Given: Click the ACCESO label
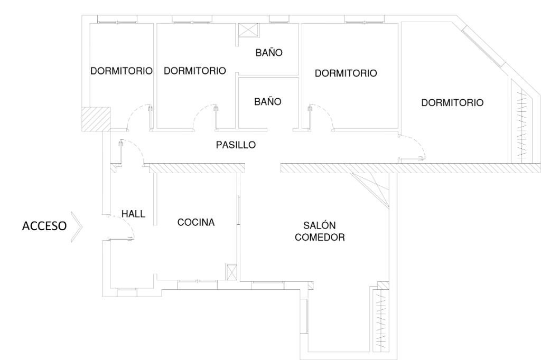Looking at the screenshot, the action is tap(44, 226).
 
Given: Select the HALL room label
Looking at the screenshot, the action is tap(133, 214).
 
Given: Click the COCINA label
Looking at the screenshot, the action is tap(196, 222).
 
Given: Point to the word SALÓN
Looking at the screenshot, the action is tap(320, 225).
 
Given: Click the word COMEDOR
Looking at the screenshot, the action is tap(320, 237).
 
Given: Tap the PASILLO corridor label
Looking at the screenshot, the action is tap(236, 145).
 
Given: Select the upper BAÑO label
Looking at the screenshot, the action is tap(269, 53).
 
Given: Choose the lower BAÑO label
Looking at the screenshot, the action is tap(268, 102).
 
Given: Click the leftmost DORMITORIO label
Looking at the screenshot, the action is tap(122, 71).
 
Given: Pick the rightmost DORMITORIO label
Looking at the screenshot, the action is tap(452, 103).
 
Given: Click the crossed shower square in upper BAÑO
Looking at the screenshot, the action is tap(248, 30).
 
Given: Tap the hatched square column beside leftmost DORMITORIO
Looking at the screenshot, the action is tap(96, 119).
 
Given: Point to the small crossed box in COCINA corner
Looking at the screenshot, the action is tap(231, 272).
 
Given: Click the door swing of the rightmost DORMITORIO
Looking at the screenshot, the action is tap(412, 148).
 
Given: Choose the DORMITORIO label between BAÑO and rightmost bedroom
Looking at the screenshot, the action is tap(346, 73).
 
